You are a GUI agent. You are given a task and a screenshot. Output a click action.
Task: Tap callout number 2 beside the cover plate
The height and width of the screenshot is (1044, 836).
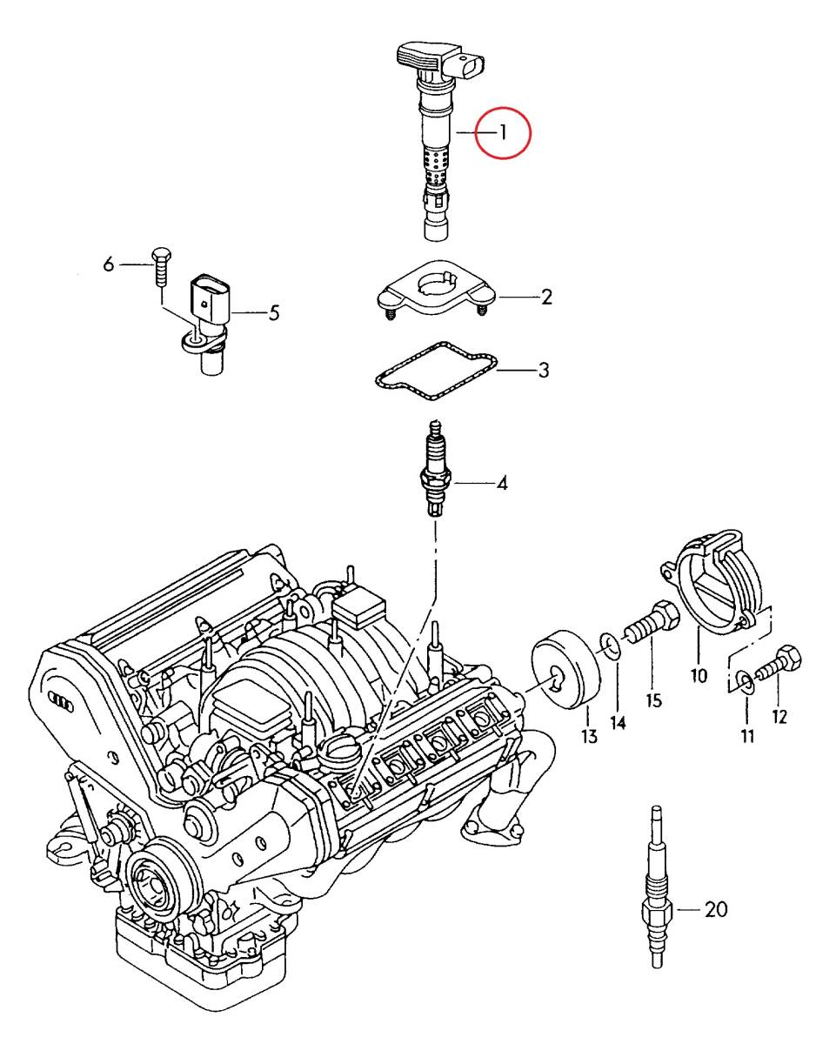click(x=546, y=298)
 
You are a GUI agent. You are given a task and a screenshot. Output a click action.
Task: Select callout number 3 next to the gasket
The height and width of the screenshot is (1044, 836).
click(x=543, y=371)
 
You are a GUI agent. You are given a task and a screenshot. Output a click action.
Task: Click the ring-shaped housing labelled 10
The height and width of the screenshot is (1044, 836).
click(x=713, y=583)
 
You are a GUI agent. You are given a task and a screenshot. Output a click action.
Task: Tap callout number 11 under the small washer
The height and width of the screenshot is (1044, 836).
click(x=747, y=736)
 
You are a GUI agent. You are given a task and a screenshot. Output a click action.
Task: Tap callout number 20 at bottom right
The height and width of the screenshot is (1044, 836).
click(x=715, y=910)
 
